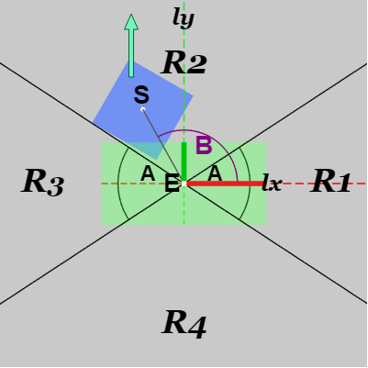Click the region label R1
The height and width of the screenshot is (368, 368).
330,181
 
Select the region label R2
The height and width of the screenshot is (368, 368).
184,62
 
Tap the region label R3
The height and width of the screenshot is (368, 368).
43,182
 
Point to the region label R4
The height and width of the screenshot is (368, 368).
184,324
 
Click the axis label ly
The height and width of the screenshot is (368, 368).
184,17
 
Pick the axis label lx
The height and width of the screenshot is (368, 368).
272,184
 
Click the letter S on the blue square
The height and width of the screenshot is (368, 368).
141,95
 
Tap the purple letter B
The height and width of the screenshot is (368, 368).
204,146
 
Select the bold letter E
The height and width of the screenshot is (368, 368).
172,183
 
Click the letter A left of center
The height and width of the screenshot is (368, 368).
148,173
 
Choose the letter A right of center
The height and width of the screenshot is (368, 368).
215,173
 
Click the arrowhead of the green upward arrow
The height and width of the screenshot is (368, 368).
131,22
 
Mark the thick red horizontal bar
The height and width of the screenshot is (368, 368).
225,184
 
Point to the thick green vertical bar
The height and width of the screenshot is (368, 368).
184,162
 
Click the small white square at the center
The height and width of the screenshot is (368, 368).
184,184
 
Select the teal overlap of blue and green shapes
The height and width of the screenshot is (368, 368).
148,149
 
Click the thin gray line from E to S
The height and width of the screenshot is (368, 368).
162,146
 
